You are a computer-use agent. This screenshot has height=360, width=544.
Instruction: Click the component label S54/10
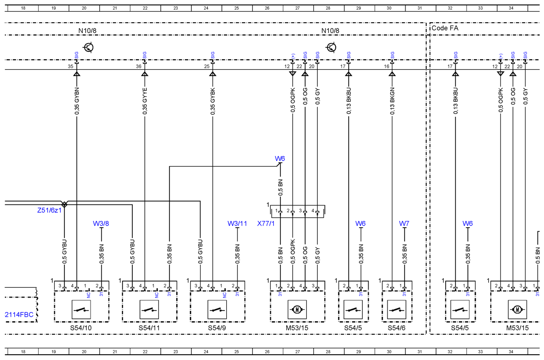(81, 328)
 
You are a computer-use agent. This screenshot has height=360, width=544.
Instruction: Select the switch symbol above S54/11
(149, 309)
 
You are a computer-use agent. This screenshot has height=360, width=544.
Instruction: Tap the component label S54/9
(217, 328)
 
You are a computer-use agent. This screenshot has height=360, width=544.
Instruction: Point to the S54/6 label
(397, 328)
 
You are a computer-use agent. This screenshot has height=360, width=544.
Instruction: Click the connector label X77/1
(266, 223)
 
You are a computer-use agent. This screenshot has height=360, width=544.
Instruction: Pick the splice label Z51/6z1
(49, 210)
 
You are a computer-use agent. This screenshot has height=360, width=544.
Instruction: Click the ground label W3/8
(101, 223)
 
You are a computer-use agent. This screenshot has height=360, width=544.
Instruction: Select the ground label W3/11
(237, 223)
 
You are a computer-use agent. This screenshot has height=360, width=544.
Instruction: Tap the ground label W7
(404, 223)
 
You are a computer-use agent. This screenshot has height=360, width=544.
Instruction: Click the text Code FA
(445, 28)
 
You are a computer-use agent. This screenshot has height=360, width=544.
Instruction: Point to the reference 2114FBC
(19, 314)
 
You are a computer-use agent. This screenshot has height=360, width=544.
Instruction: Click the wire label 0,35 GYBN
(77, 101)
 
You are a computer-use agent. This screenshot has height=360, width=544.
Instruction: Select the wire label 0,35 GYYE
(145, 101)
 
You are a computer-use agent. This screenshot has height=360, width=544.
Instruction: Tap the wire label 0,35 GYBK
(213, 101)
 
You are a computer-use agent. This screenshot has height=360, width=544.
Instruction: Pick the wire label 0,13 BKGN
(392, 101)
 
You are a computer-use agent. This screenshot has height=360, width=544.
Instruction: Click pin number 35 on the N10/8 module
(70, 66)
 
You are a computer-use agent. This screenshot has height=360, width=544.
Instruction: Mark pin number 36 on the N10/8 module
(139, 66)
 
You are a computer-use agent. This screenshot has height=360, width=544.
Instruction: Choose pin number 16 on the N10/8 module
(387, 66)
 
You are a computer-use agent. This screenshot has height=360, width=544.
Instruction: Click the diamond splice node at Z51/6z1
(64, 204)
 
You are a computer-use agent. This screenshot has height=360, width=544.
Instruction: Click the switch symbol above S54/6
(397, 309)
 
